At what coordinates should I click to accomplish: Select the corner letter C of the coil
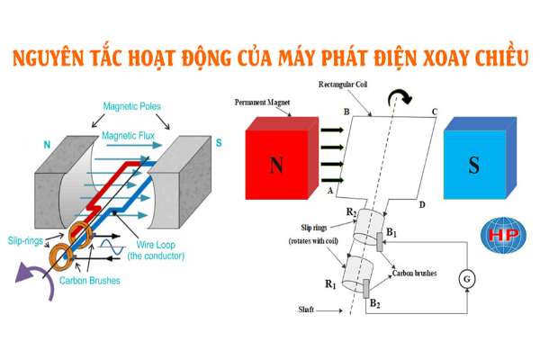(x=436, y=112)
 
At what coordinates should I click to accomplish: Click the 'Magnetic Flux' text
(x=130, y=136)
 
